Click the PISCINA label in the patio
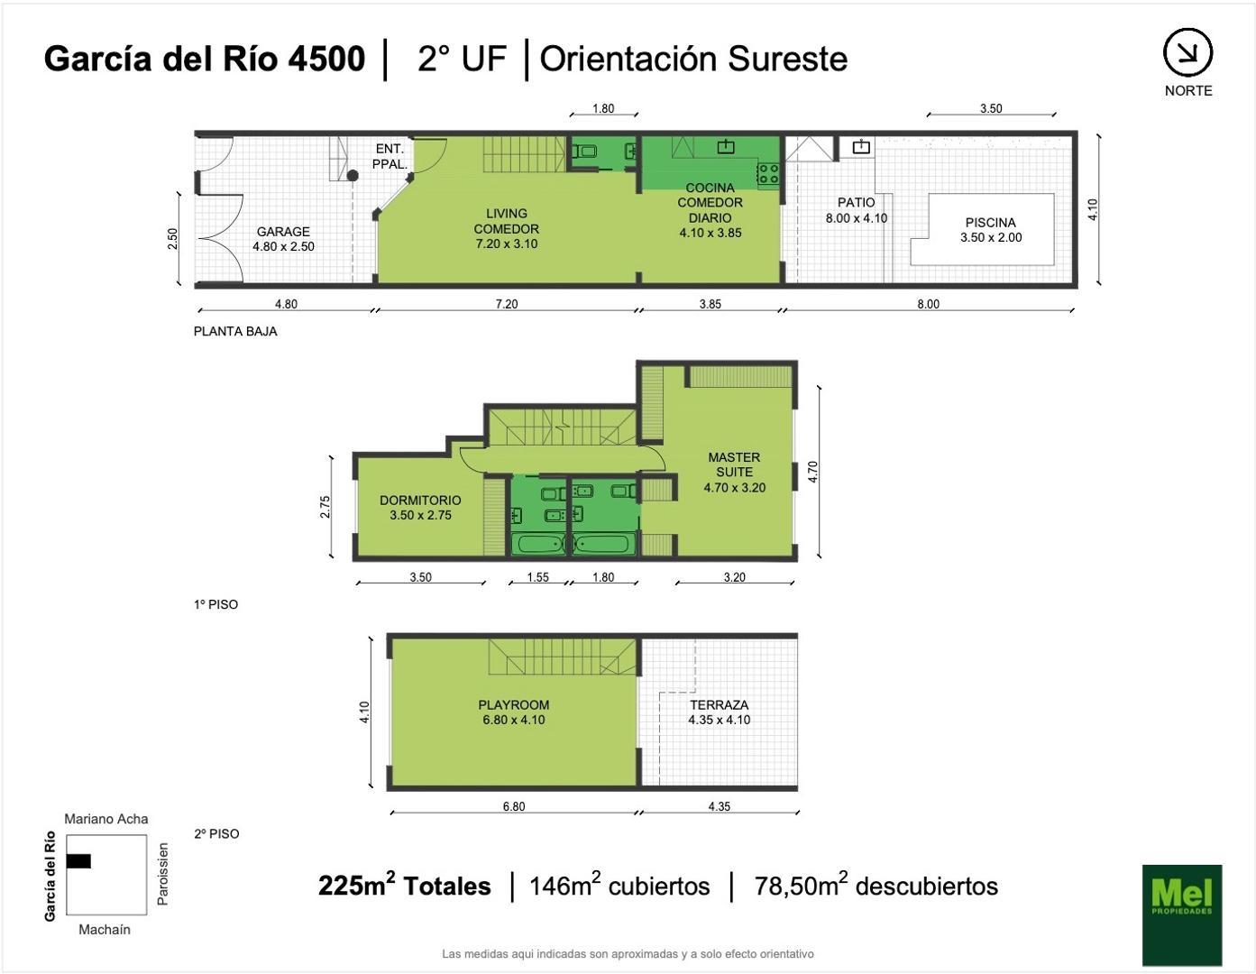pos(990,223)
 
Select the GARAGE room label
pos(283,232)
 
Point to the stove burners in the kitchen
pos(768,173)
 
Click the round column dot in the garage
pos(352,176)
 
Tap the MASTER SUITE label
pos(734,464)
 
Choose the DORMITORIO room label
pos(420,501)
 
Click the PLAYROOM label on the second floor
pos(513,705)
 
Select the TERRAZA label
pos(719,705)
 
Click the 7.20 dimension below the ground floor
pos(507,304)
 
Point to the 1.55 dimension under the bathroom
pos(537,577)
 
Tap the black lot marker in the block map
pos(78,860)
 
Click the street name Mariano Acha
pos(105,819)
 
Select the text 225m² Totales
pos(404,885)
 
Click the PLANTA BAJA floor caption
pos(235,331)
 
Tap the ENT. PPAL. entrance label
pos(390,157)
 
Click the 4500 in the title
pos(326,59)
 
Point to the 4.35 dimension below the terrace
pos(719,806)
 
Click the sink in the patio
pos(861,147)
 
